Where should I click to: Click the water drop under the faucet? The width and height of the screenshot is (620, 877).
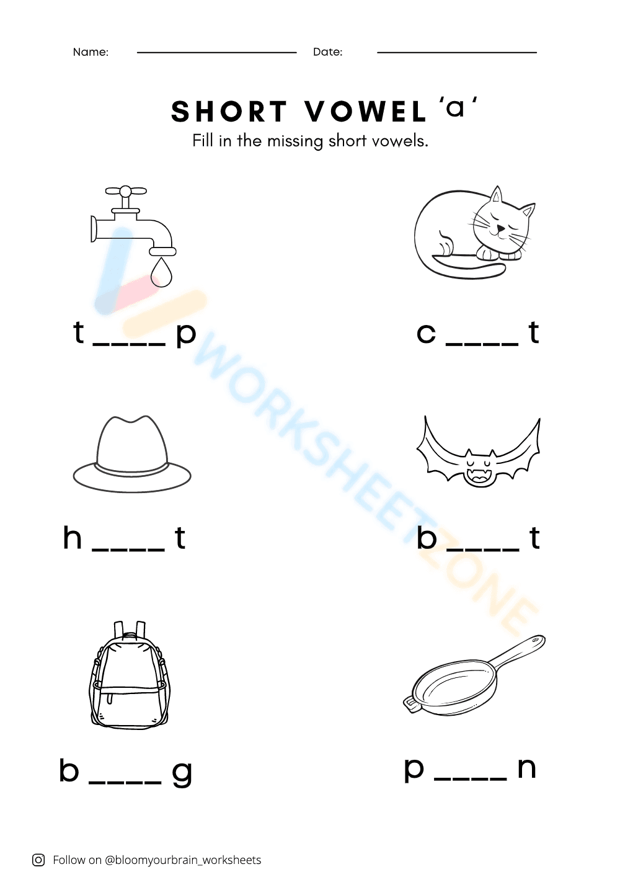[x=161, y=273]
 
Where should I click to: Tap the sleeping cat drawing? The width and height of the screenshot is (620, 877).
[x=474, y=233]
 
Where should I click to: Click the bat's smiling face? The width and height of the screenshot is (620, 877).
[x=480, y=470]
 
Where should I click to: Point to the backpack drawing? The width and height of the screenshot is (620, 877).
[x=130, y=676]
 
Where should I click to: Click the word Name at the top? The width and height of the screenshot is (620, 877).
[x=91, y=52]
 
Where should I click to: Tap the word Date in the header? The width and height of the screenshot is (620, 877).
[x=327, y=52]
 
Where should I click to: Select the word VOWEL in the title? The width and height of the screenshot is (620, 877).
[x=366, y=112]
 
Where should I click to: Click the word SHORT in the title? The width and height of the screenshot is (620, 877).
[x=229, y=112]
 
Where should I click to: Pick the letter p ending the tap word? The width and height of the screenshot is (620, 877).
[x=186, y=335]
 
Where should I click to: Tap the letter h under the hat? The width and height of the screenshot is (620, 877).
[x=73, y=538]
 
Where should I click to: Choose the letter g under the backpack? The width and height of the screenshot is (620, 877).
[x=182, y=773]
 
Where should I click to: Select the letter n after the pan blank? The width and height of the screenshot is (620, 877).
[x=526, y=768]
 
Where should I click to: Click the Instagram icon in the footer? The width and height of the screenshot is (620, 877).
[x=38, y=860]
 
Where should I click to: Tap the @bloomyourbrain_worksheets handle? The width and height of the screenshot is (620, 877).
[x=183, y=860]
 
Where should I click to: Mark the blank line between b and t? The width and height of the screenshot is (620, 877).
[x=482, y=549]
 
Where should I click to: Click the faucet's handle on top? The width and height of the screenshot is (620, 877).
[x=126, y=191]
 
